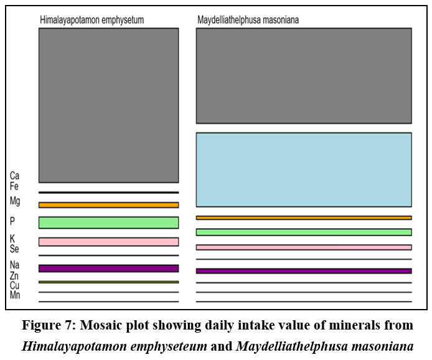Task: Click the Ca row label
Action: (14, 175)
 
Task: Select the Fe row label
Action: (14, 187)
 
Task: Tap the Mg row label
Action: (15, 201)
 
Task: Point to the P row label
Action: (12, 221)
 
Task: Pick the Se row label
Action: (14, 249)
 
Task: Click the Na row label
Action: (14, 265)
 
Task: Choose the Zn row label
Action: (14, 275)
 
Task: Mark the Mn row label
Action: (15, 295)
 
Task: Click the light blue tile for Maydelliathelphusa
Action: (304, 170)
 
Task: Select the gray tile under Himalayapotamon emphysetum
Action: (108, 106)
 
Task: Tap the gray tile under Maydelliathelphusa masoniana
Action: (304, 76)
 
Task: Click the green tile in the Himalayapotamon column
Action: (108, 223)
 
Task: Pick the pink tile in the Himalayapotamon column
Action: (108, 242)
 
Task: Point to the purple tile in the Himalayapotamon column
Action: (108, 269)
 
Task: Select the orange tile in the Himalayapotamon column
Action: (108, 205)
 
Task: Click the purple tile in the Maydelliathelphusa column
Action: (304, 271)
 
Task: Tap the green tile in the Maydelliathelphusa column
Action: (304, 232)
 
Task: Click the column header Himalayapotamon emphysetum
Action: (92, 20)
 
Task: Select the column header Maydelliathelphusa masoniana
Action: (248, 20)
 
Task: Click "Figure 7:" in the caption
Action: (49, 325)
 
